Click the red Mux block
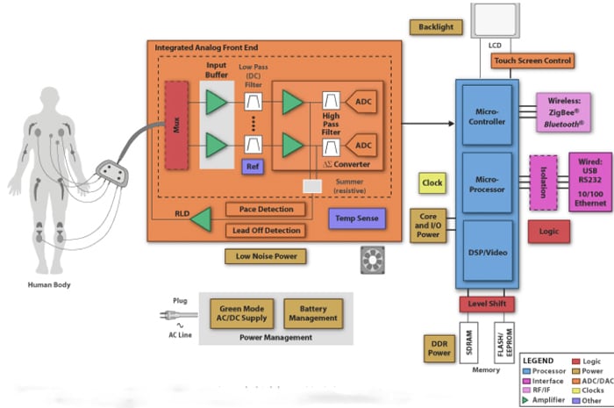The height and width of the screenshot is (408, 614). [177, 125]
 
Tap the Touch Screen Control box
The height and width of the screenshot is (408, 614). [532, 61]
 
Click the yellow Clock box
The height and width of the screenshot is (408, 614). [432, 183]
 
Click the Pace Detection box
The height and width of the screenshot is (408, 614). [266, 210]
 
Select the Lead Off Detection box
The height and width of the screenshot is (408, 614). [266, 230]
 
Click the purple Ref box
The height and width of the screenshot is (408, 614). [253, 166]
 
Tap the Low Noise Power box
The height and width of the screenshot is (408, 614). [266, 256]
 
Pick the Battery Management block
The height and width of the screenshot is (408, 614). [313, 312]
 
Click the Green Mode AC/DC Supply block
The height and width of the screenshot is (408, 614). [242, 312]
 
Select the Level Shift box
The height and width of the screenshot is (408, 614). [485, 304]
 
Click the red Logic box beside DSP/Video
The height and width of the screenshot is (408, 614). [548, 232]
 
